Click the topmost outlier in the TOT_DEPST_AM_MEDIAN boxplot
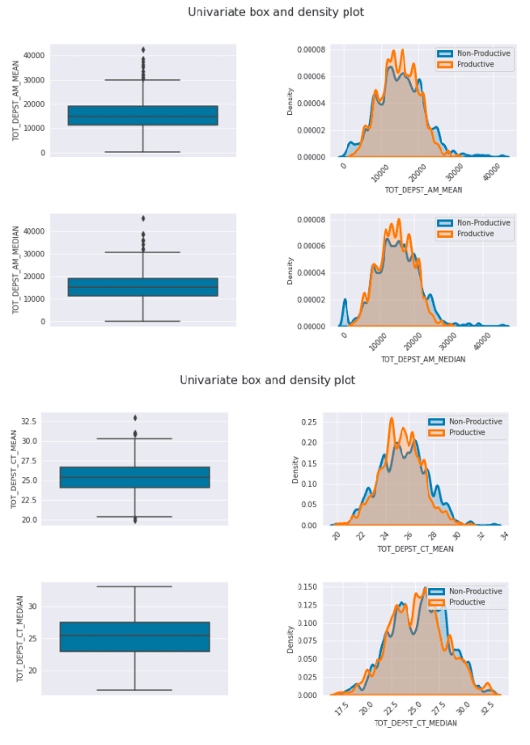(143, 218)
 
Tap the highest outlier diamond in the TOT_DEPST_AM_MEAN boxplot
(143, 50)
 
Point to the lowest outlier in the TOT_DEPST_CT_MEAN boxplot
(134, 520)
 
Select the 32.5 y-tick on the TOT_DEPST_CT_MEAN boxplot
(29, 421)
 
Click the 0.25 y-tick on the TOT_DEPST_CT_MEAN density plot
(309, 422)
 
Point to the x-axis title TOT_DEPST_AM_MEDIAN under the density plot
(422, 358)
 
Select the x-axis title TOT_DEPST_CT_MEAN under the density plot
(415, 549)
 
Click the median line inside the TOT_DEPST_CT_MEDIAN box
(134, 636)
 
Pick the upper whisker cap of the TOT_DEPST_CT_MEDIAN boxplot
(134, 586)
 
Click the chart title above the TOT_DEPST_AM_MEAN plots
(276, 12)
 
